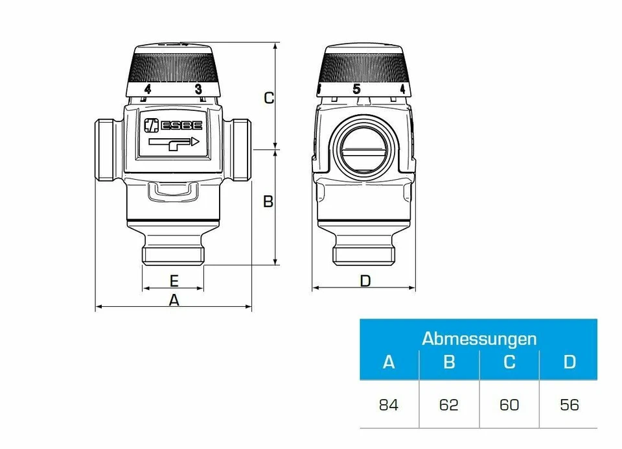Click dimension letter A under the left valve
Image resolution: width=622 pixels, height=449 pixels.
click(x=174, y=300)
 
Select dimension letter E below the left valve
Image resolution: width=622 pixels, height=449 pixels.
click(x=174, y=280)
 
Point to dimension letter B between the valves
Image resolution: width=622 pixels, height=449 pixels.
click(x=268, y=202)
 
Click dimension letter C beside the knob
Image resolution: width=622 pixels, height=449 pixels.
click(x=269, y=98)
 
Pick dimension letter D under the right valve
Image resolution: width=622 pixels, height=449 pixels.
click(x=365, y=280)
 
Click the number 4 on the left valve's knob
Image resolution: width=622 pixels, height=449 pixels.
click(x=148, y=89)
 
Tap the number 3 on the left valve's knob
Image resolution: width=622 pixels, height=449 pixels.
click(x=198, y=89)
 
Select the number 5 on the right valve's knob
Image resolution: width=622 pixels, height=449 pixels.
click(x=356, y=89)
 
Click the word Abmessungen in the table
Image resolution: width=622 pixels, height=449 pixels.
click(x=479, y=338)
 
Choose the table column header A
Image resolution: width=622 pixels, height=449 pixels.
click(x=389, y=362)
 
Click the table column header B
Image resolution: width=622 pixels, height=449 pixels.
click(x=449, y=362)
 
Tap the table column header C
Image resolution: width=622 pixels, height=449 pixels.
click(x=509, y=362)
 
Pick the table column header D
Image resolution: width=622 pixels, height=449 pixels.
click(x=569, y=362)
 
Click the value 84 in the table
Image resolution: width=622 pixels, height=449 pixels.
click(x=389, y=406)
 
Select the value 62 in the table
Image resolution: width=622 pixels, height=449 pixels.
click(x=449, y=406)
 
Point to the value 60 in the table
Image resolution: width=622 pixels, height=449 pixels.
click(x=509, y=406)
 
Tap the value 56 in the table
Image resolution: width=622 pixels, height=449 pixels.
click(x=569, y=406)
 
